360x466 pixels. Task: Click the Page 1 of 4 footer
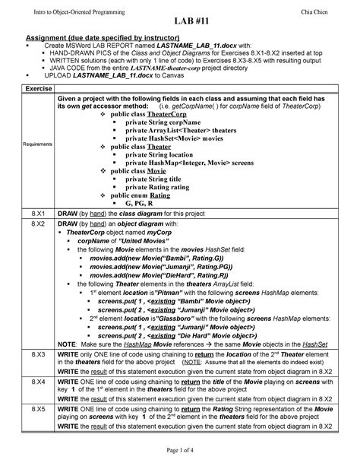(180, 454)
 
